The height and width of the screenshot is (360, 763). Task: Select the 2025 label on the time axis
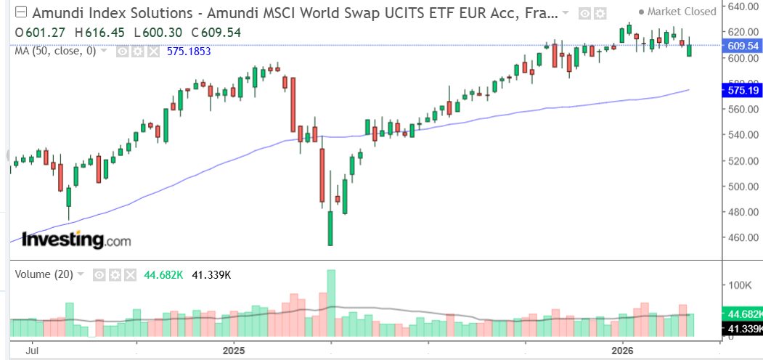pos(234,350)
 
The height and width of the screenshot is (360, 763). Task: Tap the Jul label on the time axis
pos(33,350)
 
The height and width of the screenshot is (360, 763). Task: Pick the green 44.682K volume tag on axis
pos(744,314)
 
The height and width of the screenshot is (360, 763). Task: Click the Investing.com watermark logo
pos(76,240)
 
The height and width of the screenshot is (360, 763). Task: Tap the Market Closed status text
pos(680,11)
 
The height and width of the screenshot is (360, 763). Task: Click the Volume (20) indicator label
pos(43,274)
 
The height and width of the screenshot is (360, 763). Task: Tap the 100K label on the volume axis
pos(740,285)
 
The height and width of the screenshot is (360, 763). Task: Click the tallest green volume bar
pos(331,303)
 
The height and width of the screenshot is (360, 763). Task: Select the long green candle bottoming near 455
pos(331,228)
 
